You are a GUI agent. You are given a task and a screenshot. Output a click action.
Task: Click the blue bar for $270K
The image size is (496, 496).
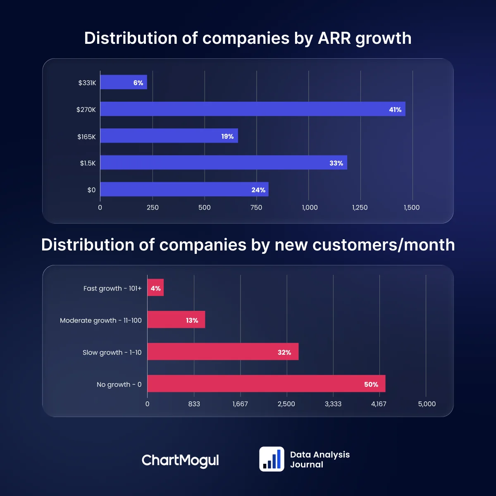coord(252,109)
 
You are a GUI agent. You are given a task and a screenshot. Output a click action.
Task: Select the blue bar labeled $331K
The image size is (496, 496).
coord(123,82)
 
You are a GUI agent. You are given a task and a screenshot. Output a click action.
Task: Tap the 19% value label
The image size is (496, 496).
coord(227,136)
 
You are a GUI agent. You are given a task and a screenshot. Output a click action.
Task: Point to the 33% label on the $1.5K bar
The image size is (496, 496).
coord(336,163)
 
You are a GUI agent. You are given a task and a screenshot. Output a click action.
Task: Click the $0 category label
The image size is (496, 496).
coord(91,190)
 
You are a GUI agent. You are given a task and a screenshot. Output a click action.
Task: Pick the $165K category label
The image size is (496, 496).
coord(86,137)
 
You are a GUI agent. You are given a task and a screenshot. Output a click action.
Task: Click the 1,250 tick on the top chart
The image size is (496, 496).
coord(360,207)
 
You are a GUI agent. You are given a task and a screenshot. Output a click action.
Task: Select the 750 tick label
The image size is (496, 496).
coord(256,207)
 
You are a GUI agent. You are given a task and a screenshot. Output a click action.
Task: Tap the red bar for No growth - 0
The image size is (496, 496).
coord(266,384)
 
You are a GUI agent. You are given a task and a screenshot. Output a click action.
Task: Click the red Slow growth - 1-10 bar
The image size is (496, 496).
coord(222,352)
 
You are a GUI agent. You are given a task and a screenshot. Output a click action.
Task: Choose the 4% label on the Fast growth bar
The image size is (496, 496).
coord(155,289)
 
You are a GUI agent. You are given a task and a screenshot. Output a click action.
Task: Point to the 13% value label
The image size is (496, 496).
coord(192,320)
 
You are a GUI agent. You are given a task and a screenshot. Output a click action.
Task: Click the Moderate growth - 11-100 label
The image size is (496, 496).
coord(101,320)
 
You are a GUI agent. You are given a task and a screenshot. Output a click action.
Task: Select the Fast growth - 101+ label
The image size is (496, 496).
coord(112,289)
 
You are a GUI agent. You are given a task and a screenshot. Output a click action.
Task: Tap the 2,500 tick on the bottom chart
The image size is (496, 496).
coord(286,404)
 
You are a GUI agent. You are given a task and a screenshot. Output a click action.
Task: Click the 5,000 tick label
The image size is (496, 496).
coord(427,404)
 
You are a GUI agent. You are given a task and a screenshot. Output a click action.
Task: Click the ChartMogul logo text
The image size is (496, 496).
coord(180,460)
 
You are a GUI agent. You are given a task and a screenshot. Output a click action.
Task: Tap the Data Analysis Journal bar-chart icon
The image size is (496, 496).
coord(272,459)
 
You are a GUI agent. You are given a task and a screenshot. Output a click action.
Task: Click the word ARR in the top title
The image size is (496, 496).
coord(334,38)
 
